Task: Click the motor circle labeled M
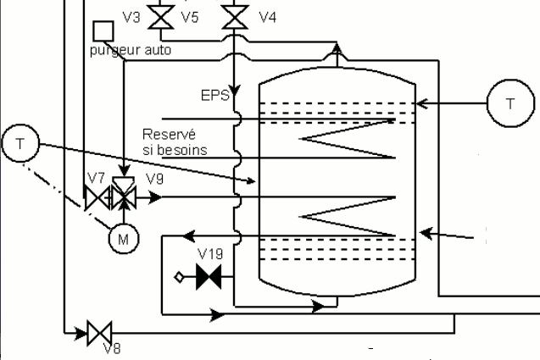pos(124,239)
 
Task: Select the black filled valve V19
pos(209,276)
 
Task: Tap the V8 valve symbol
pos(99,333)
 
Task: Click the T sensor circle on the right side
pos(510,103)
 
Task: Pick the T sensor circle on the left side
pos(20,143)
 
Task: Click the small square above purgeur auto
pos(103,31)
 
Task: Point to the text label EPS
pos(215,96)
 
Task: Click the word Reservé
pos(169,134)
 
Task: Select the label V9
pos(154,179)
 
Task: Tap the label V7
pos(96,178)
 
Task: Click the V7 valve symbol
pos(97,198)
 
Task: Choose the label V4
pos(268,17)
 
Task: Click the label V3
pos(131,17)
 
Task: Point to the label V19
pos(211,254)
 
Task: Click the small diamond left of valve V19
pos(179,277)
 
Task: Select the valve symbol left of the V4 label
pos(235,17)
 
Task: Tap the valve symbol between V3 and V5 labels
pos(161,17)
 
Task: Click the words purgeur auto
pos(131,50)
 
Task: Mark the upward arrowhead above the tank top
pos(337,47)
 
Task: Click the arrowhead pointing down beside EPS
pos(235,91)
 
